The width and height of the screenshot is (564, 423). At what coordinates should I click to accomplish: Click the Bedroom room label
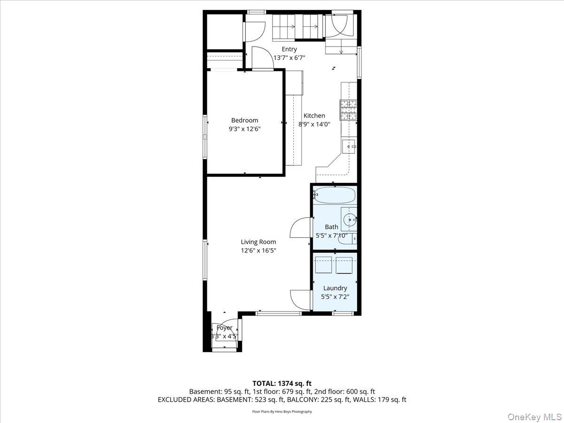point(244,120)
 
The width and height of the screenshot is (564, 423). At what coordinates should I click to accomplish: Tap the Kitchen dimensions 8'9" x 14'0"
point(314,125)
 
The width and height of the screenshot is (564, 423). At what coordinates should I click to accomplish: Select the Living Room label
point(258,242)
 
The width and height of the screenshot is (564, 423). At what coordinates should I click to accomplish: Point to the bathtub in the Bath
point(334,195)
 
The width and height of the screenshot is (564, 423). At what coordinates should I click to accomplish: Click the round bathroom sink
point(349,219)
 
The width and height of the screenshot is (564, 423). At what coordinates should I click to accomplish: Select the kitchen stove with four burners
point(348,110)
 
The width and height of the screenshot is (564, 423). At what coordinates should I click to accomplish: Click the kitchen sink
point(349,147)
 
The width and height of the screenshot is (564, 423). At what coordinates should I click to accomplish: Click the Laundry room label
point(335,288)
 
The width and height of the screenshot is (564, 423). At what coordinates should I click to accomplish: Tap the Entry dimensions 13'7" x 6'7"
point(290,58)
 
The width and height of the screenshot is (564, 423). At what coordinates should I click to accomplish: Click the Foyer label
point(225,328)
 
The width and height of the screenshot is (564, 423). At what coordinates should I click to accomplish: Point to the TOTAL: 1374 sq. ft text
point(282,384)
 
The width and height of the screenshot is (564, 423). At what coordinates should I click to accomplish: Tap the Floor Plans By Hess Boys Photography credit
point(282,412)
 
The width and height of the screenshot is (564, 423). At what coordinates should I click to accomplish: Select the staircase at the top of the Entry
point(297,27)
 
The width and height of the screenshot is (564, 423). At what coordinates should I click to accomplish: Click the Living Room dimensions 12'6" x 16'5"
point(258,251)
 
